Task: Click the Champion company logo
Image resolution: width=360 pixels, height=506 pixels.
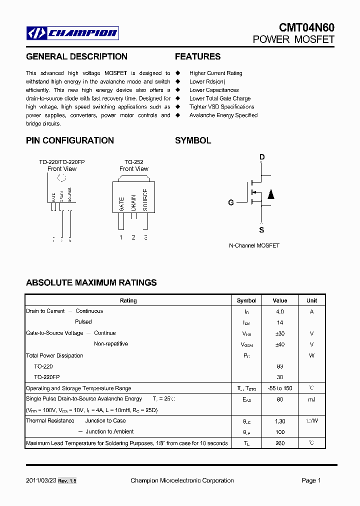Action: point(72,33)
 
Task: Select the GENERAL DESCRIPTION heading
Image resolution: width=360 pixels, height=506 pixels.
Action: point(76,56)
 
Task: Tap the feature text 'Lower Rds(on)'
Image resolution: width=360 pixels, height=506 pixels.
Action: point(207,81)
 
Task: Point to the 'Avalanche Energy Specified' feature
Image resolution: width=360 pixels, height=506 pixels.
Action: point(223,115)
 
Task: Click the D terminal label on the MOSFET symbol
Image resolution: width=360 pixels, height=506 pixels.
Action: point(261,157)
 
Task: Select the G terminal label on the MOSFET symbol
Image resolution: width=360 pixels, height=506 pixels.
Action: point(231,202)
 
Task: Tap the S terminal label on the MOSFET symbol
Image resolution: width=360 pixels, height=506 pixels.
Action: point(261,230)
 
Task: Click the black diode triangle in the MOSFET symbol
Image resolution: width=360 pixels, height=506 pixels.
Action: point(270,194)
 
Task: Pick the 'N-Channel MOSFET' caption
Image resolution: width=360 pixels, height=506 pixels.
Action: point(254,245)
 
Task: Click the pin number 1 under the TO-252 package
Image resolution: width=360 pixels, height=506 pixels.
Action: point(120,237)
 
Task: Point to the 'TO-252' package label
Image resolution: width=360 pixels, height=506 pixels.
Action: point(133,162)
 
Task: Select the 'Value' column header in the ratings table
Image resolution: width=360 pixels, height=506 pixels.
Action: point(279,300)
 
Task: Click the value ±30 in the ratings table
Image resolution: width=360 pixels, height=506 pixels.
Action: point(279,333)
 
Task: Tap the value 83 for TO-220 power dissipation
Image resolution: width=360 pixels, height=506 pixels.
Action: point(279,366)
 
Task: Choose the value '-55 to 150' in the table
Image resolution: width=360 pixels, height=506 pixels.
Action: point(279,388)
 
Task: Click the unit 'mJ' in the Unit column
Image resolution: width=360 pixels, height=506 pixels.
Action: point(311,399)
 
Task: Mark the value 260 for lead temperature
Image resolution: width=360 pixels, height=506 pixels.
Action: point(279,443)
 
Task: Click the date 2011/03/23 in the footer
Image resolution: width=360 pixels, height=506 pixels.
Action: point(40,480)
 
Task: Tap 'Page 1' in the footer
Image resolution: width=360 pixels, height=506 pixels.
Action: point(311,480)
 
